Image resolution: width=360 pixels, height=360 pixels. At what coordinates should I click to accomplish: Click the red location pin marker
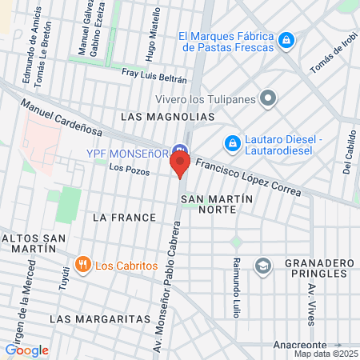tap(180, 163)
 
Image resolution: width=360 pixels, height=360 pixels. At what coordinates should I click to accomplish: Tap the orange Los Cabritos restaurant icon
tap(82, 265)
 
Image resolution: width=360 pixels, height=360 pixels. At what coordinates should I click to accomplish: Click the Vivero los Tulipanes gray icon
tap(268, 98)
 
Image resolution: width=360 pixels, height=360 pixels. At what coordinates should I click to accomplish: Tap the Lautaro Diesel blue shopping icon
tap(232, 142)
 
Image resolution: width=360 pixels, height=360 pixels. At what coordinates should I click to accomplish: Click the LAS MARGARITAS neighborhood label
tap(89, 318)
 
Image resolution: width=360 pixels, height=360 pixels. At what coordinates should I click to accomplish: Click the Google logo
tap(27, 350)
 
